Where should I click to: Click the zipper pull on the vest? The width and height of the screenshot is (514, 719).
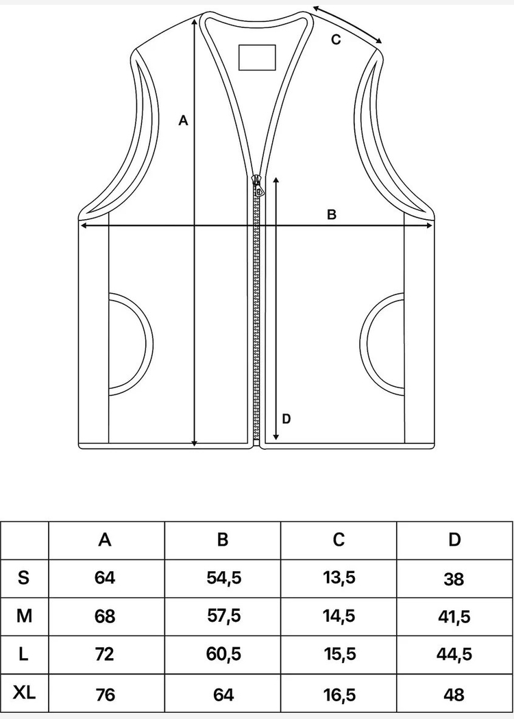click(x=258, y=186)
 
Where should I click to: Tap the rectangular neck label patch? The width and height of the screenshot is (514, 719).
click(x=257, y=57)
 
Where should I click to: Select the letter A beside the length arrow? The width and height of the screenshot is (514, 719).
click(x=183, y=121)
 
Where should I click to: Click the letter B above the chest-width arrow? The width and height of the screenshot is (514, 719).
click(x=332, y=214)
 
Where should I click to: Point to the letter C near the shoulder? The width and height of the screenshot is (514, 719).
click(x=336, y=40)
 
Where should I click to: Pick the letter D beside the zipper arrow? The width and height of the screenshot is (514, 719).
click(x=286, y=418)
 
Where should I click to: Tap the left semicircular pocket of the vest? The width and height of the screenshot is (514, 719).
click(x=130, y=343)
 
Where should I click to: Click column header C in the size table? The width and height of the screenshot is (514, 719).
click(x=339, y=540)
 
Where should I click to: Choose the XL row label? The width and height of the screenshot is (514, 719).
click(x=25, y=693)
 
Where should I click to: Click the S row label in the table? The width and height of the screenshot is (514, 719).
click(x=24, y=578)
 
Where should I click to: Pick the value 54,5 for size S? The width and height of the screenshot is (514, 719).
click(x=223, y=578)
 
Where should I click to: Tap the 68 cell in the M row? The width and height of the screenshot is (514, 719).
click(x=105, y=616)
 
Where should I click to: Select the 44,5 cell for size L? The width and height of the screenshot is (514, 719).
click(x=454, y=655)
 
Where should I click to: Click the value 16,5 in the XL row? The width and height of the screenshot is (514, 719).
click(x=339, y=694)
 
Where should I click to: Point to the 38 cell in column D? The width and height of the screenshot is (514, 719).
click(x=454, y=579)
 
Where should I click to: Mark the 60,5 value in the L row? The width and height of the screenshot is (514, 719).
click(x=223, y=655)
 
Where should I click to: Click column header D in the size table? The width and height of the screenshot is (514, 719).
click(x=454, y=540)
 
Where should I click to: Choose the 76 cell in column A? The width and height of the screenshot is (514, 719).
click(x=105, y=694)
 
